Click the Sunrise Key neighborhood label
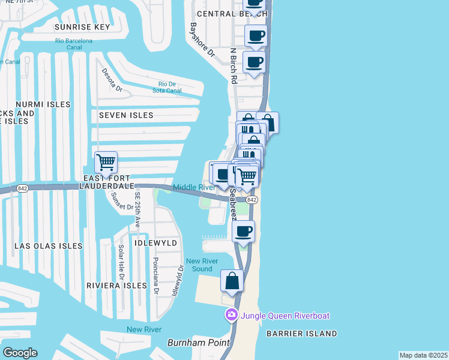[82, 27]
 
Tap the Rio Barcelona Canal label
[73, 44]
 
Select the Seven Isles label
[126, 115]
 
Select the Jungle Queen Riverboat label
[285, 315]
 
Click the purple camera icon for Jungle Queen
[232, 314]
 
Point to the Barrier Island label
[303, 334]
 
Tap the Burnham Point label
[198, 343]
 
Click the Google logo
[20, 353]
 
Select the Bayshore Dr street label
[202, 40]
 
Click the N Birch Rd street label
[234, 65]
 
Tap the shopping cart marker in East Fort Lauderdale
[106, 161]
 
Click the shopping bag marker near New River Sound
[232, 281]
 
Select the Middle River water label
[194, 187]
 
